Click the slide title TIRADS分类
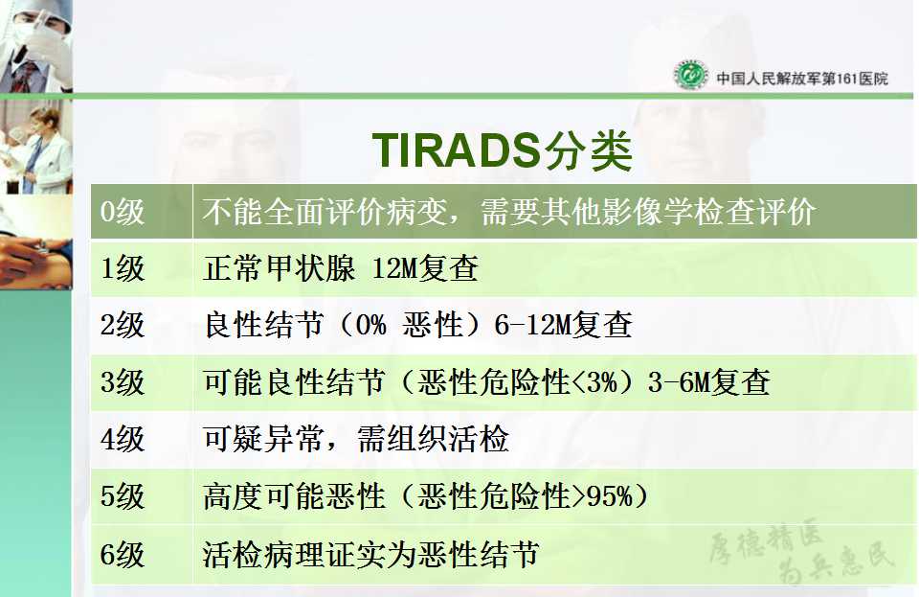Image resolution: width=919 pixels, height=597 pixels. [503, 150]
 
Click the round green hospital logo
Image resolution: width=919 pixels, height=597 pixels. [690, 75]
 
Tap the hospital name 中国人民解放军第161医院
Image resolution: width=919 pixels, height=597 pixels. [802, 78]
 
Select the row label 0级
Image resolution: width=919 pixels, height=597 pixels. [122, 211]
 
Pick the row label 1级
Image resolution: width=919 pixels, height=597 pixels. [122, 268]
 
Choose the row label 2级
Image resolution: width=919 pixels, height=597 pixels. [122, 325]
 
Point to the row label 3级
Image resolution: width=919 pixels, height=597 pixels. [122, 381]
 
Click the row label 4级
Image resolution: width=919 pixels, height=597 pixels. [122, 439]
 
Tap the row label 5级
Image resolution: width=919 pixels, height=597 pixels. [122, 495]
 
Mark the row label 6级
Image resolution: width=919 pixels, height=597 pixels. [122, 554]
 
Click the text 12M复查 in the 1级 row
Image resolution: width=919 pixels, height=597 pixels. [425, 268]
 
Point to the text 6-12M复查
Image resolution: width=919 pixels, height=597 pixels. [563, 325]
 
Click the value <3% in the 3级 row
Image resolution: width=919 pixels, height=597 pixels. [594, 382]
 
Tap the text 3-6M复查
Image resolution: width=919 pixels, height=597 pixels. [708, 381]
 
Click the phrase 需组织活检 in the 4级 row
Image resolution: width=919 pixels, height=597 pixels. [433, 439]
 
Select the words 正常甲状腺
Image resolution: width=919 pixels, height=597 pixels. [279, 268]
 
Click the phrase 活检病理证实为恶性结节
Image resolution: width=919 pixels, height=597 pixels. [371, 554]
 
